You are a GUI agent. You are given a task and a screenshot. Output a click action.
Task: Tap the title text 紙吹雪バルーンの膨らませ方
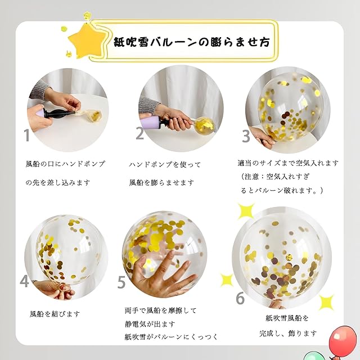pyautogui.click(x=192, y=42)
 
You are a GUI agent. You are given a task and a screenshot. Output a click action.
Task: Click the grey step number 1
pyautogui.click(x=27, y=135)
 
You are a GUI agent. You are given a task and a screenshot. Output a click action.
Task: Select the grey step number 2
pyautogui.click(x=139, y=133)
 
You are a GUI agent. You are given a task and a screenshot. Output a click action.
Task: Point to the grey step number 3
pyautogui.click(x=246, y=136)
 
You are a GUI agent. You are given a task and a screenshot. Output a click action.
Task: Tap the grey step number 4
pyautogui.click(x=24, y=281)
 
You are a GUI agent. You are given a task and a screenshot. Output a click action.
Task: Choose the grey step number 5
pyautogui.click(x=121, y=282)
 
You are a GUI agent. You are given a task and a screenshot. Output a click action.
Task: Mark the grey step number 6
pyautogui.click(x=240, y=298)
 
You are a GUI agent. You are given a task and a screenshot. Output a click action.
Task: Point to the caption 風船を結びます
pyautogui.click(x=55, y=314)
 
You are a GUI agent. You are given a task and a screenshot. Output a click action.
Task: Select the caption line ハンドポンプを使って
pyautogui.click(x=165, y=164)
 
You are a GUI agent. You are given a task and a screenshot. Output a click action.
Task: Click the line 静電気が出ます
pyautogui.click(x=150, y=324)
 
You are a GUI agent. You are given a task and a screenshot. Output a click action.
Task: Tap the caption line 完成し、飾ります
pyautogui.click(x=288, y=333)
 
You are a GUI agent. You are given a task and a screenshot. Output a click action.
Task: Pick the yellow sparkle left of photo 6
pyautogui.click(x=227, y=280)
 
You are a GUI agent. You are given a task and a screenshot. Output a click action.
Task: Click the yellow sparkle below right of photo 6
pyautogui.click(x=326, y=303)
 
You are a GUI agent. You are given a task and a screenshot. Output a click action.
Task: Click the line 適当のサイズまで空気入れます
pyautogui.click(x=288, y=163)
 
